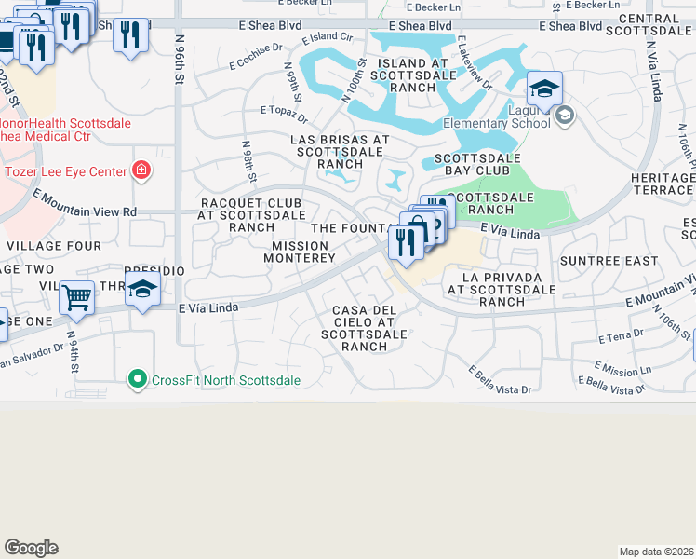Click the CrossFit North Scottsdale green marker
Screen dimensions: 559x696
tap(138, 378)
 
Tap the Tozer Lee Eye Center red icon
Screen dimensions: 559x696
tap(141, 170)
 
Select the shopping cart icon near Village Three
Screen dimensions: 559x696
tap(76, 298)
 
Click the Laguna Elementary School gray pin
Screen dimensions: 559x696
tap(563, 116)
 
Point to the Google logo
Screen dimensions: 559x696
tap(31, 548)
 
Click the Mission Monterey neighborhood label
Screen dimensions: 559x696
tap(303, 252)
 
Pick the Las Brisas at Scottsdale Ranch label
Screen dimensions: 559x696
tap(340, 151)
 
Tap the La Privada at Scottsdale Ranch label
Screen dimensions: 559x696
tap(495, 289)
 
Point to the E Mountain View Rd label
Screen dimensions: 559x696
tap(85, 204)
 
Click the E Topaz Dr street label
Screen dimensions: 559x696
tap(284, 114)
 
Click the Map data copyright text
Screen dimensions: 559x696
tap(656, 551)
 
